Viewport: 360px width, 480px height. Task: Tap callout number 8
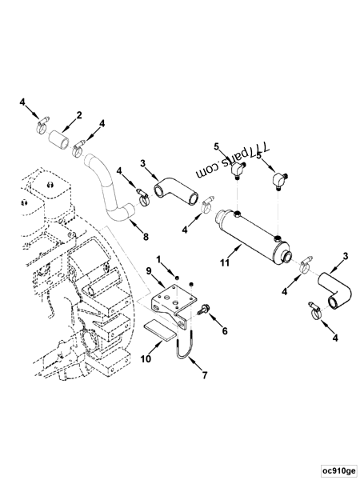[x=145, y=238]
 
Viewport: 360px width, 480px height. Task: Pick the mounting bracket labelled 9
[x=173, y=303]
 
